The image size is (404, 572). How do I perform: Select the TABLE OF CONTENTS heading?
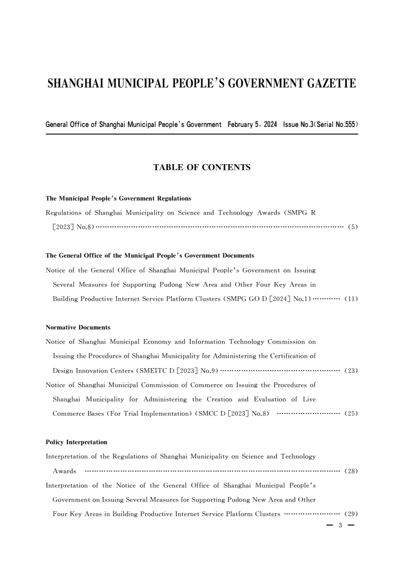pos(202,167)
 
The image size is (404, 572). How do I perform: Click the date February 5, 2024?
pos(252,124)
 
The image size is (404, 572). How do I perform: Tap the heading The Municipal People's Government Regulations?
pos(118,198)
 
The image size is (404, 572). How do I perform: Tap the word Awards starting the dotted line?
pos(65,471)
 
